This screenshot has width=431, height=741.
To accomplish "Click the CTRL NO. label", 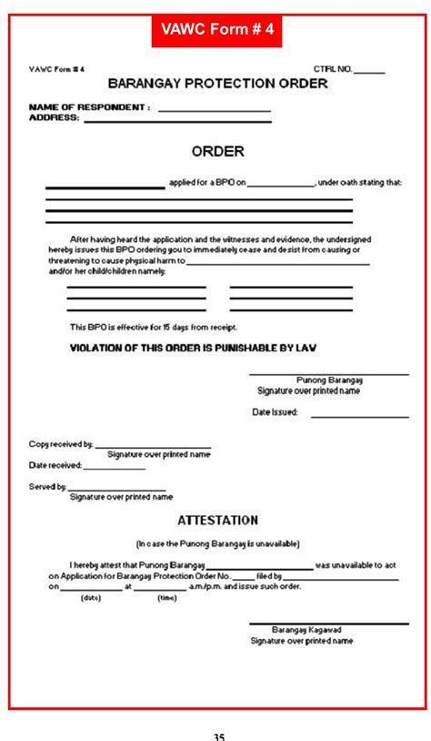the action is pos(332,69).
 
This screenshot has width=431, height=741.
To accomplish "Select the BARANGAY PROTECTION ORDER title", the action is pos(217,84).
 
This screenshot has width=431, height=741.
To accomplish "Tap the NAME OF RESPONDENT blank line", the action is pos(215,109).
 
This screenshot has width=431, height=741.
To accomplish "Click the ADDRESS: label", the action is pos(54,117).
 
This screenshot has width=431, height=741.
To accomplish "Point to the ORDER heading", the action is pos(217,151).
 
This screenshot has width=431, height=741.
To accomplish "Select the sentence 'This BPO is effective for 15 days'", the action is pos(154,326).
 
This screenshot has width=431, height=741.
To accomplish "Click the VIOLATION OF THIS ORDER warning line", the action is pos(193,348).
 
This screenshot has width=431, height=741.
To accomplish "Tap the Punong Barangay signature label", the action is pos(329,380).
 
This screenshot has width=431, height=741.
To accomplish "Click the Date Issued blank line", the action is pos(359,416).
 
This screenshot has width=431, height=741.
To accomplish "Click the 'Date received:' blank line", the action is pos(115,468).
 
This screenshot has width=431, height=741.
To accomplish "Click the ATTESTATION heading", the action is pos(217,521).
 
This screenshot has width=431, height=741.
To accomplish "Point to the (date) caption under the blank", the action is pos(91,598).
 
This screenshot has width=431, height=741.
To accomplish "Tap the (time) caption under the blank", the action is pos(167,598).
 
